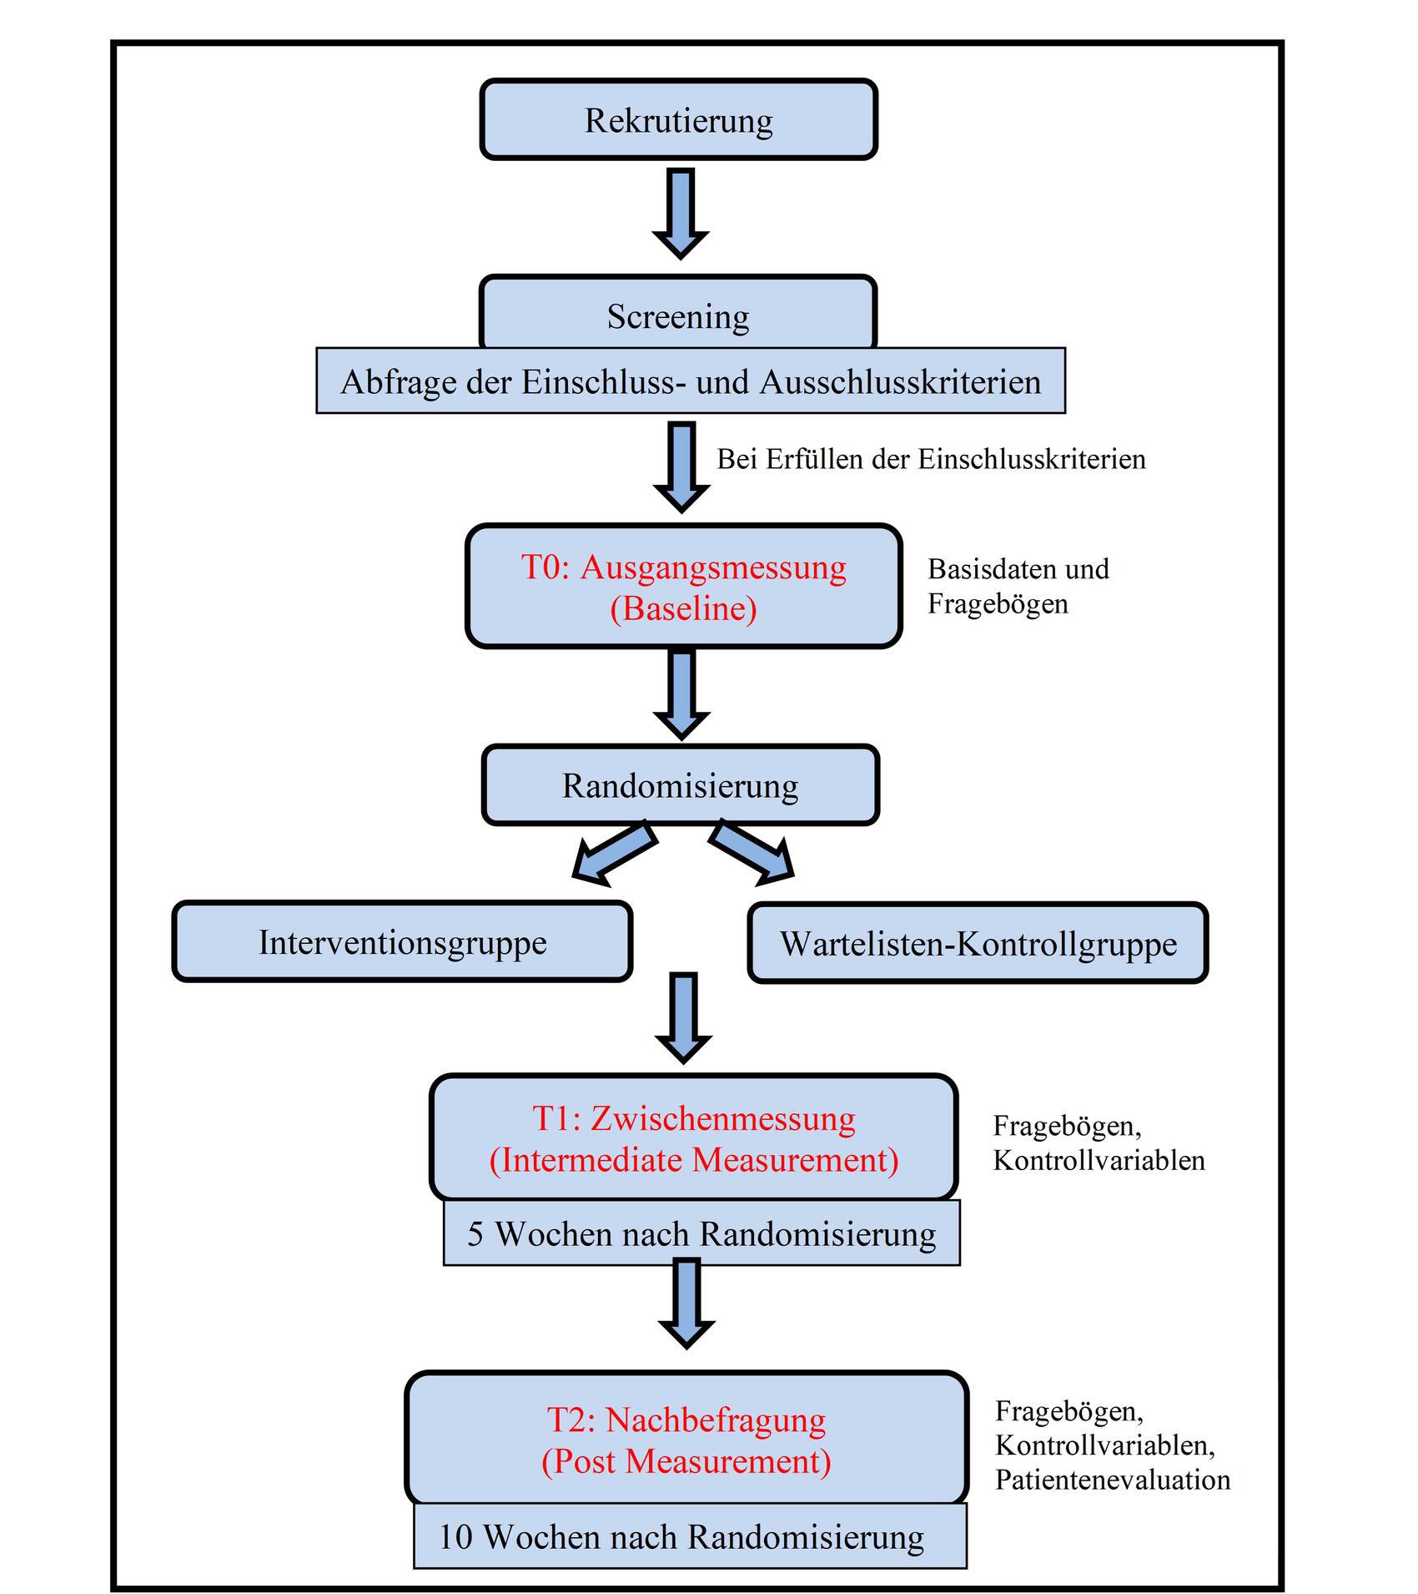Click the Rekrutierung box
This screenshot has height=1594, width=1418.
(678, 119)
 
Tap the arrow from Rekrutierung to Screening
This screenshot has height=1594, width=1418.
(681, 214)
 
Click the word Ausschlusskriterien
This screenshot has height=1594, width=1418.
(901, 381)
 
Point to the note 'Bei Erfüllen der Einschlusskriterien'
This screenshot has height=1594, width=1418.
(931, 458)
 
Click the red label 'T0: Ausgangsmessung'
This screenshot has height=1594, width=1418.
(683, 567)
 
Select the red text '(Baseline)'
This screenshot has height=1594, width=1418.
(683, 608)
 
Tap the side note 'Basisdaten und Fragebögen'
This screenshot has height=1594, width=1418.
(1018, 586)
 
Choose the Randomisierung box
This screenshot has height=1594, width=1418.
(681, 785)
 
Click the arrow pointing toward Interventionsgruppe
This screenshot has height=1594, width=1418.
(614, 852)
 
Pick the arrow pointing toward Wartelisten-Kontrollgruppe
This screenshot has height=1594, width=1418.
(752, 852)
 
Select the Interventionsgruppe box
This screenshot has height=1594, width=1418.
(402, 942)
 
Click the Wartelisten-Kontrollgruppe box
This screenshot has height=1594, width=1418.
(978, 943)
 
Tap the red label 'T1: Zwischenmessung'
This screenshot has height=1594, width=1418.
(694, 1118)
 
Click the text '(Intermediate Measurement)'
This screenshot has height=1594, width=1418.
(694, 1160)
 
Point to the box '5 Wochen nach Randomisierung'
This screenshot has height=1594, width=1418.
(701, 1233)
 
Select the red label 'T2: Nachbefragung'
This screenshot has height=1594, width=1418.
(686, 1420)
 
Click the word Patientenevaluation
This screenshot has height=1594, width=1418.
(1113, 1480)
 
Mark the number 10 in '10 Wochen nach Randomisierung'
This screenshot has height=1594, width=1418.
(455, 1536)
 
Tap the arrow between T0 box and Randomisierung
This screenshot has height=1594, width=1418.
(681, 694)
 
